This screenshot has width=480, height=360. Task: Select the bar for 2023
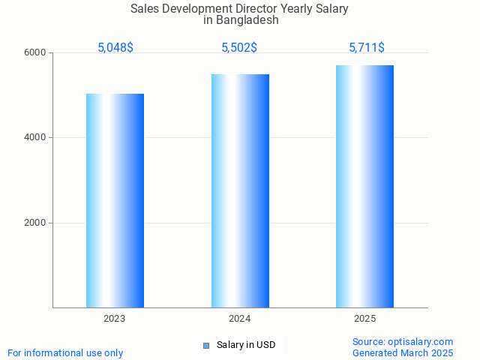115,200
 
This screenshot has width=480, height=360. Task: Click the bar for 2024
240,190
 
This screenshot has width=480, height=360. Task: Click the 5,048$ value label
115,48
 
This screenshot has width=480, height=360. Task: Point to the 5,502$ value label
239,48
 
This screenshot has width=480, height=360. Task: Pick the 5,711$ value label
367,48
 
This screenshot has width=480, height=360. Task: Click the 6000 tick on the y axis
37,52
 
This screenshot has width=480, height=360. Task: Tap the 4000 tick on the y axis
37,138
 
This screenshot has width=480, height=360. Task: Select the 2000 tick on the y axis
37,223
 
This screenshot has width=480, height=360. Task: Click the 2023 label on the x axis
115,319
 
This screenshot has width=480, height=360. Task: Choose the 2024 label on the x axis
240,319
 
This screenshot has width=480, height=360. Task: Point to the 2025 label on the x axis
364,319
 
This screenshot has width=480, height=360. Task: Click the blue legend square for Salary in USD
206,346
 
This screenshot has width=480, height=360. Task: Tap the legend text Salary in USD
246,345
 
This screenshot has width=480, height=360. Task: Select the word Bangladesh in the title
247,20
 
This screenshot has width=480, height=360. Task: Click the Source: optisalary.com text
403,342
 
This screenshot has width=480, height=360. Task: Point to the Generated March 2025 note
403,352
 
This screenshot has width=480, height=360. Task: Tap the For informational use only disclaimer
65,352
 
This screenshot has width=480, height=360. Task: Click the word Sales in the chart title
145,9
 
